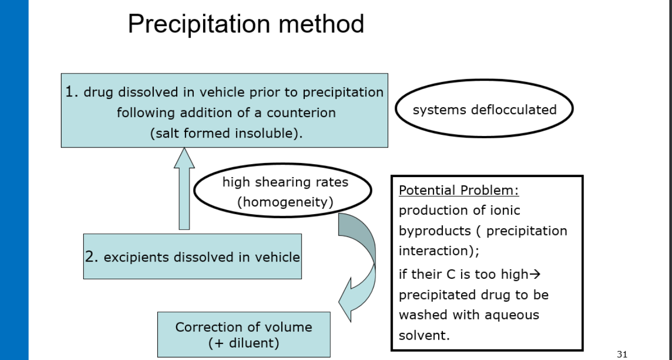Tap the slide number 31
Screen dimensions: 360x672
coord(621,354)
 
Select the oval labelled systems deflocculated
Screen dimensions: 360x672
coord(484,110)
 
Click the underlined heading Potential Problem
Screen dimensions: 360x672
coord(458,190)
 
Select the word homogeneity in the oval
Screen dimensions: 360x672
coord(285,202)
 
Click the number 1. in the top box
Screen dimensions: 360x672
coord(72,92)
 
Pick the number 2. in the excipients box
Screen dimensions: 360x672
coord(92,257)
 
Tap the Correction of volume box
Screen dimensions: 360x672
coord(244,334)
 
